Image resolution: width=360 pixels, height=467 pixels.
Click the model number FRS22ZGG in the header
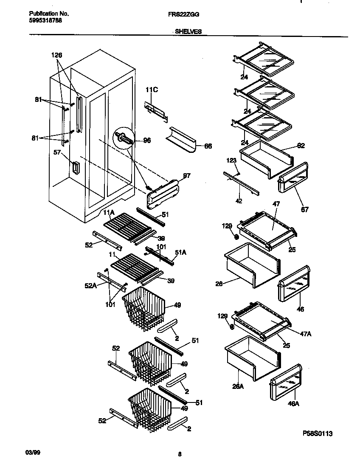[183, 14]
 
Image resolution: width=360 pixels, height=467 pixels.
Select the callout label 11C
[152, 90]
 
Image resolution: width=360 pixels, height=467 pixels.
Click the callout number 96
[147, 141]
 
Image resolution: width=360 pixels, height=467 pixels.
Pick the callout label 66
[208, 146]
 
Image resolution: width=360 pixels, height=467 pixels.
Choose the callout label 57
[57, 152]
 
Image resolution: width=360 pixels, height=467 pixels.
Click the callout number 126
[56, 55]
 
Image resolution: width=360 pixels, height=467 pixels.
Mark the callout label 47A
[306, 334]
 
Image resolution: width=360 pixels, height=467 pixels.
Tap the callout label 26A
[238, 386]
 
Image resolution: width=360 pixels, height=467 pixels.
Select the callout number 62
[301, 146]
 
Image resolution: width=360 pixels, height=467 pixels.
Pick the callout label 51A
[181, 252]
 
